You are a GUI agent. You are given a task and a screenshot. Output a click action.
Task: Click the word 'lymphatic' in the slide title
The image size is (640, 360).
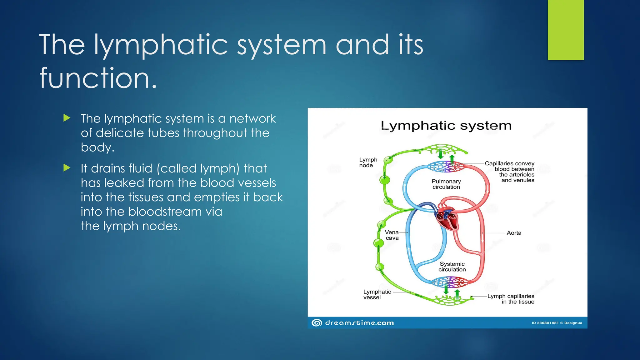click(161, 45)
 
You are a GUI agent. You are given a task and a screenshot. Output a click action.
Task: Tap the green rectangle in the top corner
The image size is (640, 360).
click(566, 30)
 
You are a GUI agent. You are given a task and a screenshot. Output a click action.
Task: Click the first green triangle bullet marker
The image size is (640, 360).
click(67, 118)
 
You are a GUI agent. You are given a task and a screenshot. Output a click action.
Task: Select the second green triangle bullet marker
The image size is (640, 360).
click(67, 168)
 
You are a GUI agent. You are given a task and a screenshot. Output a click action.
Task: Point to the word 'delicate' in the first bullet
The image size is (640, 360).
click(120, 133)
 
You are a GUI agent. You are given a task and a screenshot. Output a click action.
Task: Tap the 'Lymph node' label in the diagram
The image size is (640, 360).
click(368, 162)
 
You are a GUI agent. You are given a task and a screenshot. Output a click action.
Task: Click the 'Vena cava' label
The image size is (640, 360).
click(392, 235)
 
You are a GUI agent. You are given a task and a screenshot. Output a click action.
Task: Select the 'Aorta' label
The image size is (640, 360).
click(514, 233)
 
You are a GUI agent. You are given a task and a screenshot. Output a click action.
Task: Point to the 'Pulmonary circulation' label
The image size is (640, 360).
click(446, 184)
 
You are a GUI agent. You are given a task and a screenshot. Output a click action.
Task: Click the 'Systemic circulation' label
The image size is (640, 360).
click(452, 267)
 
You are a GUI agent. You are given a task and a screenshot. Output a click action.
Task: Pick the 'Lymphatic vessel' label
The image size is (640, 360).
click(377, 294)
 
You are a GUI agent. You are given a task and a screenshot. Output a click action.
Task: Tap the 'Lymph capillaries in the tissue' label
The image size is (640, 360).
click(511, 299)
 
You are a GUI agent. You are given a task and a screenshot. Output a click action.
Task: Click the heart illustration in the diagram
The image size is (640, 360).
click(447, 217)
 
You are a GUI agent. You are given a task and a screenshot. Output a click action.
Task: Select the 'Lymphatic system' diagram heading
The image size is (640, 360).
click(446, 126)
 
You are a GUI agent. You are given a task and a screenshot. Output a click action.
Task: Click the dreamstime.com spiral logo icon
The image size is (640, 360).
click(317, 323)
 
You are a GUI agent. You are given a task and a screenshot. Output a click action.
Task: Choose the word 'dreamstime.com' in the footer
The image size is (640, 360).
click(359, 323)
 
